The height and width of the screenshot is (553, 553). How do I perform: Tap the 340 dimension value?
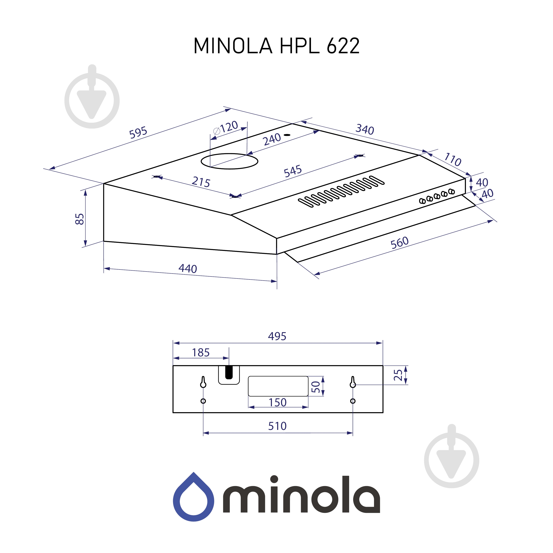(x=365, y=129)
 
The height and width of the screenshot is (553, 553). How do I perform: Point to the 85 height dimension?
(x=80, y=219)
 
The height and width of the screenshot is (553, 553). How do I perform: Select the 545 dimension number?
(x=293, y=171)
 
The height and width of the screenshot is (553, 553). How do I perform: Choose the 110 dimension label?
(x=453, y=159)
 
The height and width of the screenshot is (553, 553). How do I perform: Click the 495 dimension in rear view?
(x=277, y=336)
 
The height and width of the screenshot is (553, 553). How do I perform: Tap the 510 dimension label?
(x=277, y=426)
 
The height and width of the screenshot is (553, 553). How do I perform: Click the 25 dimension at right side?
(x=398, y=375)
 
